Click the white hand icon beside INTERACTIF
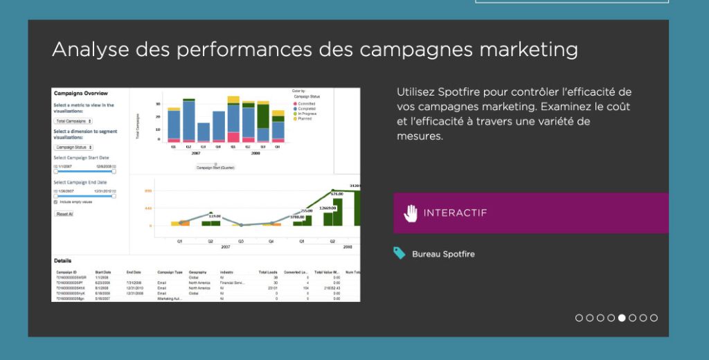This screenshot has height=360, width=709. pos(411,213)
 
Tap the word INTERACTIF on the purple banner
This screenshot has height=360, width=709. pos(455,213)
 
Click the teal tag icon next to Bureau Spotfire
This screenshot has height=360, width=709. pos(399,253)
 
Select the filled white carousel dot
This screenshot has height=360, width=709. pos(622,318)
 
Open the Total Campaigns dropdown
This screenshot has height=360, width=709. pos(73,121)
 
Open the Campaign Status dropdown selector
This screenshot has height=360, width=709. pos(73,147)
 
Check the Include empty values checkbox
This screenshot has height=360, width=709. pos(56,201)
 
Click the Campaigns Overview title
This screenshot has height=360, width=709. pos(80,93)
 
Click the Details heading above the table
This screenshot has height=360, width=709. pos(62,260)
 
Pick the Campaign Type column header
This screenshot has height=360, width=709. pos(170,273)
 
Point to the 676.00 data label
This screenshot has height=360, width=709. pos(336,194)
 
